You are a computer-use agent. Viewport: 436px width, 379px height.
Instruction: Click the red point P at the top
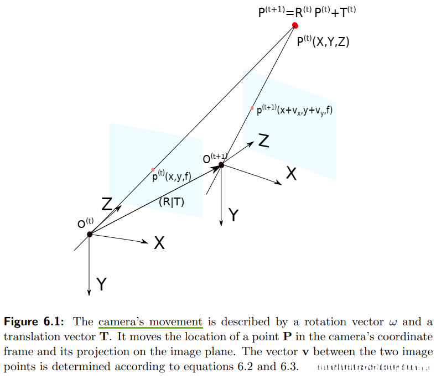(295, 25)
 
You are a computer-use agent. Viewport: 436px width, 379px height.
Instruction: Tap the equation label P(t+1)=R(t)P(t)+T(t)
(306, 12)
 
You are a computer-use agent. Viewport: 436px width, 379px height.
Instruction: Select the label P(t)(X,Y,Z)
(323, 41)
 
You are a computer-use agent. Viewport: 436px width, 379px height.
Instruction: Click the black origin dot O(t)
(90, 234)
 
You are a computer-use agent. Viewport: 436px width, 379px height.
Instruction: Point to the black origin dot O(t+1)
(221, 164)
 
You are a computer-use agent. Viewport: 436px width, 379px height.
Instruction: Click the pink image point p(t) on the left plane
(153, 169)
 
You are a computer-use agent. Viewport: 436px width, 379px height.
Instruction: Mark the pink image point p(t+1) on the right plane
(252, 108)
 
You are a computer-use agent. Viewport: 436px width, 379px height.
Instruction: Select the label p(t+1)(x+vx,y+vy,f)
(294, 110)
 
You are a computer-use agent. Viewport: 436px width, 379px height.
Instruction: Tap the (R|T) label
(172, 202)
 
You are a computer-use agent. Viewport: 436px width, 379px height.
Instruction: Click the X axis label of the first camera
(159, 243)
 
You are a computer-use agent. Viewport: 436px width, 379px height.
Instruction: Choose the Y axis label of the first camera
(101, 284)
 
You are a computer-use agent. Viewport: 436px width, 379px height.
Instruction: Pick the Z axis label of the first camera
(107, 204)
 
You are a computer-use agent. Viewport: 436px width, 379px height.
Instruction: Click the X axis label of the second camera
(291, 174)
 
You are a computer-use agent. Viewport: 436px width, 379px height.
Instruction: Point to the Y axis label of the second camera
(233, 215)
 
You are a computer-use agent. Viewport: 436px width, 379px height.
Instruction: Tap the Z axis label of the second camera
(264, 142)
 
